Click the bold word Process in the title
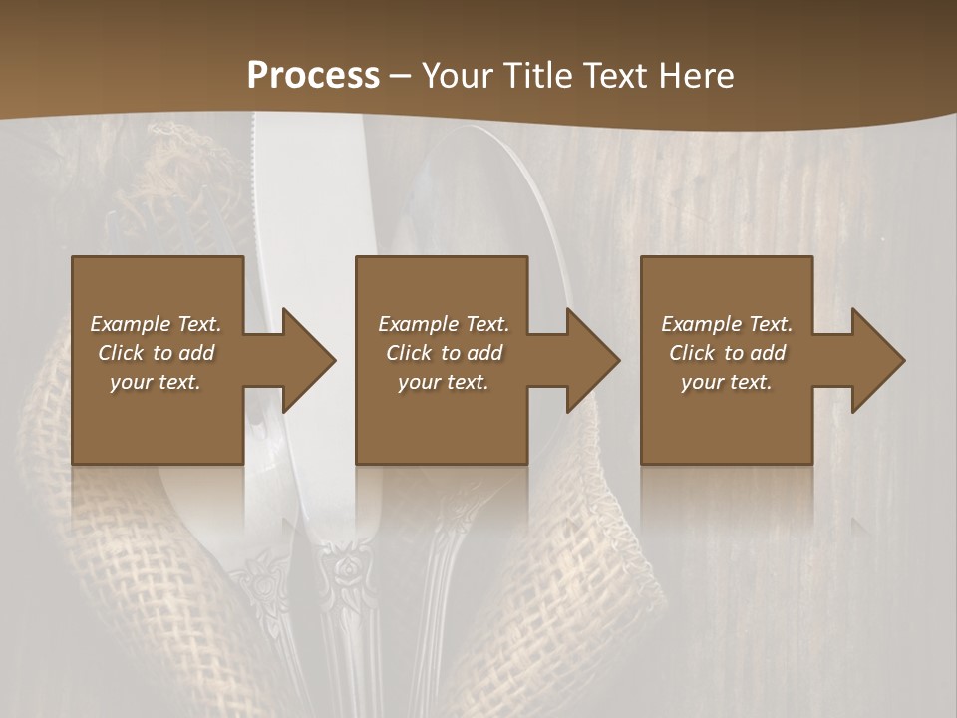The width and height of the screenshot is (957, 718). point(313,76)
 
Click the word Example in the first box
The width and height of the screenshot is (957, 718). point(131,324)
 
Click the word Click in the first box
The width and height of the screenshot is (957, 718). point(121,353)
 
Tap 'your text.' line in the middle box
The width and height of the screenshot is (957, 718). point(443,382)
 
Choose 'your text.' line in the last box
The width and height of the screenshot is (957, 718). point(727,382)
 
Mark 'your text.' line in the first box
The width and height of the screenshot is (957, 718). point(156,382)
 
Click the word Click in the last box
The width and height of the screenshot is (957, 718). point(692,353)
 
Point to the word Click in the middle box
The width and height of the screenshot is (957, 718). point(409,353)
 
